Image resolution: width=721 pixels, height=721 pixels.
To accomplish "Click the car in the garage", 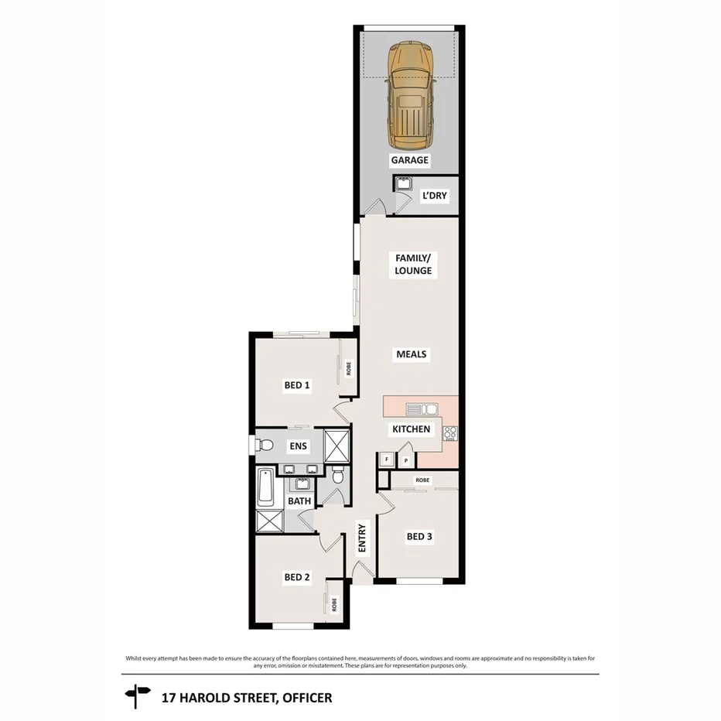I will [x=410, y=97].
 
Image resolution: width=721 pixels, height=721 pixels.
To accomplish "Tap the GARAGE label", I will [x=409, y=160].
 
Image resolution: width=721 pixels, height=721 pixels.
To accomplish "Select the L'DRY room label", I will [x=434, y=196].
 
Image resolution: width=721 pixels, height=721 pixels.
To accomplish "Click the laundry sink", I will [x=404, y=184].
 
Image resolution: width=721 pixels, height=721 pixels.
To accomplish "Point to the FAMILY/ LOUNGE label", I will [x=413, y=264].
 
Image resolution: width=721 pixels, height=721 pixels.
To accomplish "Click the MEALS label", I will [x=412, y=354].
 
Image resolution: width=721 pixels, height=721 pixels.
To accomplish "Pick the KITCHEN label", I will [x=411, y=429].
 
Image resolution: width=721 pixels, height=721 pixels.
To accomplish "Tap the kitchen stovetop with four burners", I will [x=450, y=433].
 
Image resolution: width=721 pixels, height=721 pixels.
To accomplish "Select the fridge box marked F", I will [x=387, y=460].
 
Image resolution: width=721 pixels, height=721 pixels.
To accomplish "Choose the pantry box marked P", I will [x=405, y=460].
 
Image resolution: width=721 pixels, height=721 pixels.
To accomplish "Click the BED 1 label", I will [x=297, y=384].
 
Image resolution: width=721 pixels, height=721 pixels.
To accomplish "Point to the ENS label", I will [x=298, y=446].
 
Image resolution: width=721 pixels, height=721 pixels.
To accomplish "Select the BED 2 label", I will [x=297, y=576].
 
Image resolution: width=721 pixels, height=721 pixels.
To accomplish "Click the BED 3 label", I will [x=419, y=536].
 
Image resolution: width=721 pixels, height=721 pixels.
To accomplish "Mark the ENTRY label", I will [x=361, y=538].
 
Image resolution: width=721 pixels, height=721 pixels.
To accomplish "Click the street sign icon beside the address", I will [x=136, y=695].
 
